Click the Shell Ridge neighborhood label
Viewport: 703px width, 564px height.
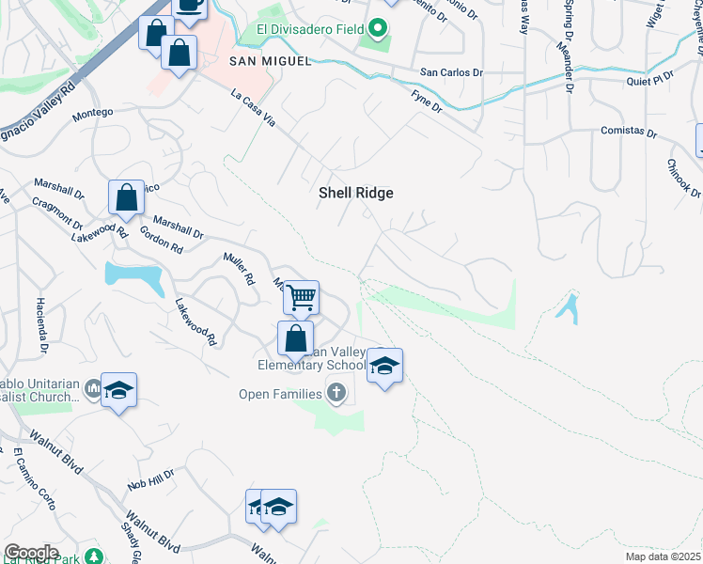tap(355, 193)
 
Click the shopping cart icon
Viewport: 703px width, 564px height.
tap(302, 298)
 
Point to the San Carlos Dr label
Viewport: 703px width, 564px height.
tap(451, 72)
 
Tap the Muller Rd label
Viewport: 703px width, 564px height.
tap(239, 269)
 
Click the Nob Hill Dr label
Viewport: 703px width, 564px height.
tap(151, 481)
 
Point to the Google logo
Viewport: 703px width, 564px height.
tap(31, 553)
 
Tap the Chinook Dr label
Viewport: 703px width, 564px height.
tap(682, 177)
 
